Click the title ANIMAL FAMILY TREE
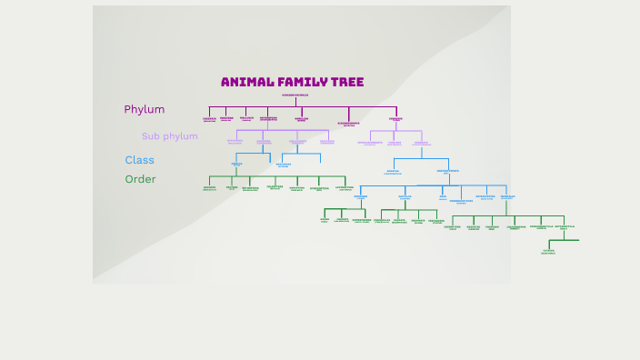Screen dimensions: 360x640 click(292, 82)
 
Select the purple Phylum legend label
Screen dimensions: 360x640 click(145, 109)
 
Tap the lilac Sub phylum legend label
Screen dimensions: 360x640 click(169, 136)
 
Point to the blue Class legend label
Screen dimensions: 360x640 click(140, 160)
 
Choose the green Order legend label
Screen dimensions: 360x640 click(140, 179)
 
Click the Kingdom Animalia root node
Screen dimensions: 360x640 click(295, 95)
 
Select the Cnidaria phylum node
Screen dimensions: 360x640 click(209, 118)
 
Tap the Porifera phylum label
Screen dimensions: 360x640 click(226, 118)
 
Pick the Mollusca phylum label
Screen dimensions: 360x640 click(246, 118)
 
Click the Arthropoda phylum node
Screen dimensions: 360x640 click(268, 118)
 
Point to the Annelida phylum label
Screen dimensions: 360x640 click(302, 118)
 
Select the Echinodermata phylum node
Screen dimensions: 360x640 click(349, 124)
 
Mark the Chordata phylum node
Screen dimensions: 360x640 click(395, 118)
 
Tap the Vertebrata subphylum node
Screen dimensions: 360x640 click(421, 143)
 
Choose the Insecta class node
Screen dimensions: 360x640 click(236, 165)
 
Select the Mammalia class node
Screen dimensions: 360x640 click(507, 196)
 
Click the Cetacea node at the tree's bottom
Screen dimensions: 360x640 click(548, 251)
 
